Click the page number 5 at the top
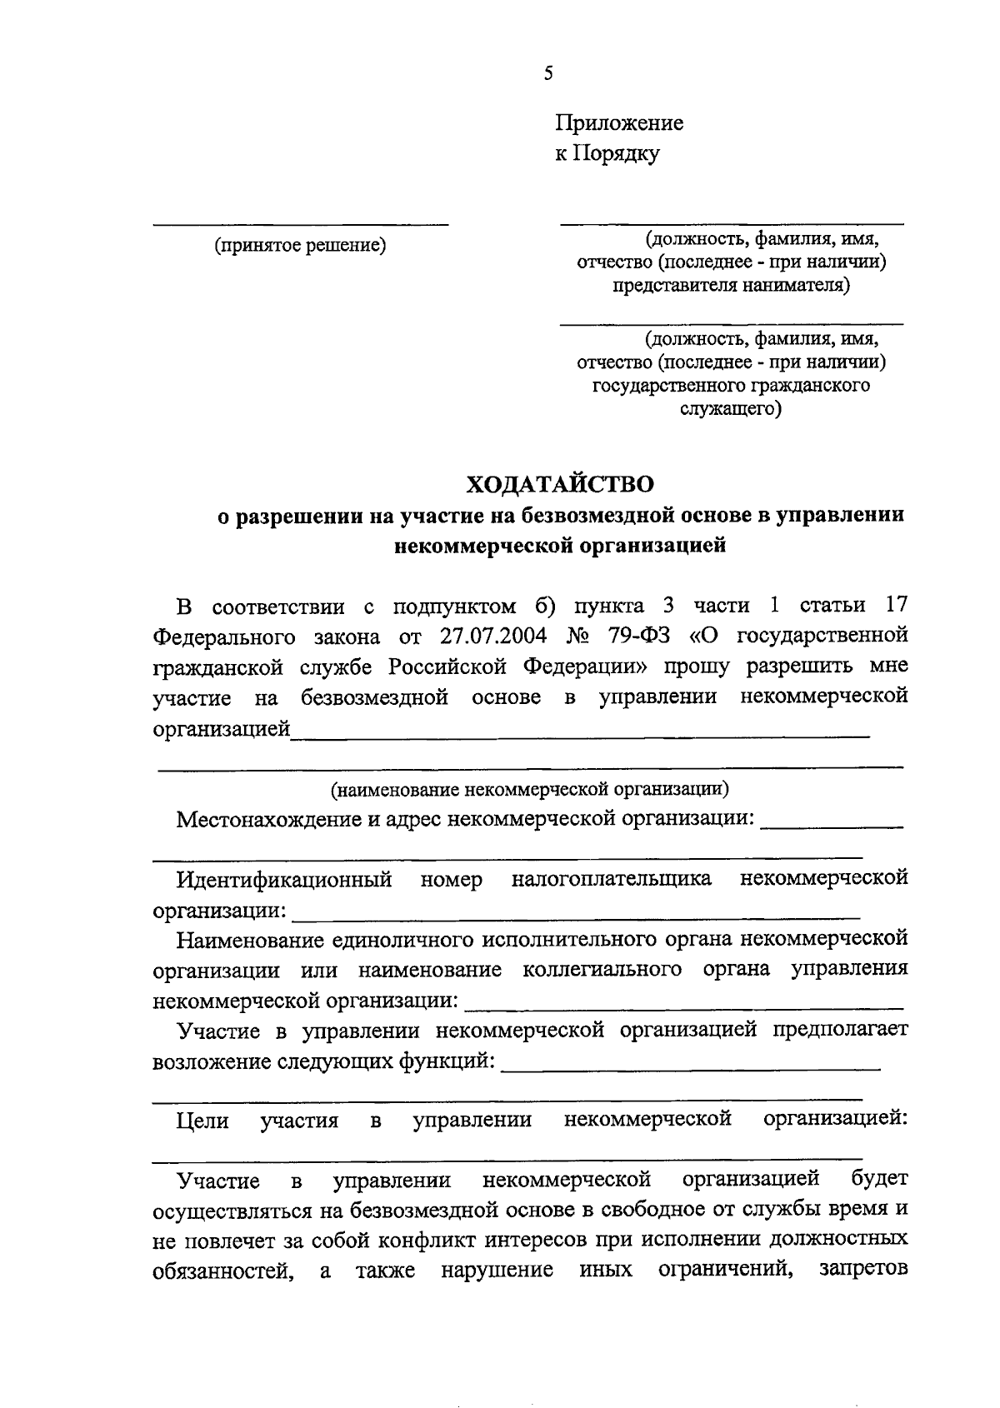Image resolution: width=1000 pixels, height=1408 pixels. click(547, 73)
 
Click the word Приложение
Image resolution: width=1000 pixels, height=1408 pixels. click(619, 123)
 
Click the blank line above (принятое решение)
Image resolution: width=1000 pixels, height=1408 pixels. click(301, 223)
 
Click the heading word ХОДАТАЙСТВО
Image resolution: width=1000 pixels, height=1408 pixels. click(559, 484)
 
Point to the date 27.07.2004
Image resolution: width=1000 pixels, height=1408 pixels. click(490, 637)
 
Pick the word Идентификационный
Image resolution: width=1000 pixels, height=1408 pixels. click(283, 879)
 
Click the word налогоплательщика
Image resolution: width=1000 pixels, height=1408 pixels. click(612, 879)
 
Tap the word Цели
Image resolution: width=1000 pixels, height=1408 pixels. click(202, 1121)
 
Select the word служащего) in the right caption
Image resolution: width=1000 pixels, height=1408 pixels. click(731, 409)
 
